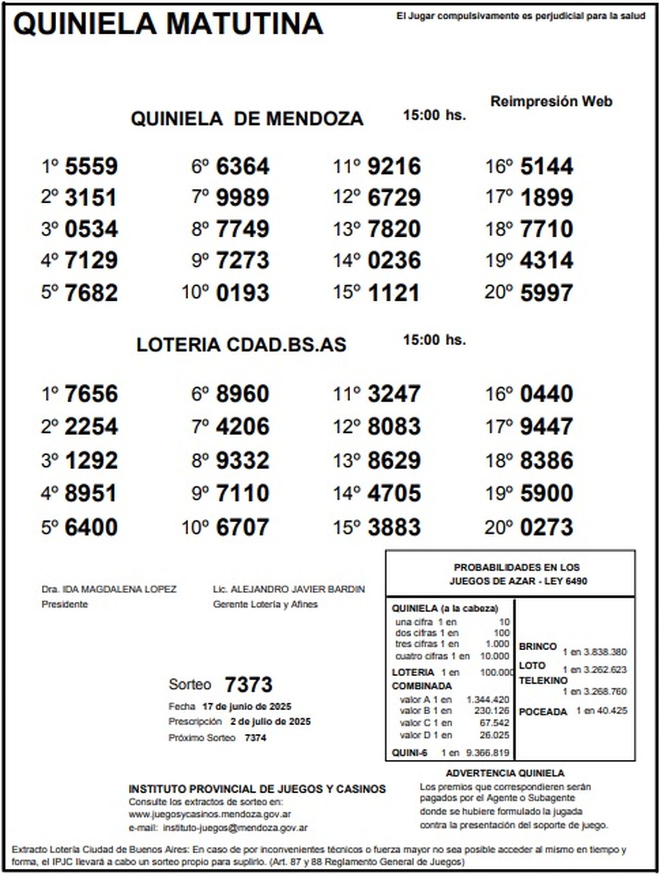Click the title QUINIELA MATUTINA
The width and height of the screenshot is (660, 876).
pyautogui.click(x=168, y=24)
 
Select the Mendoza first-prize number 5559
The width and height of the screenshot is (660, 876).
pyautogui.click(x=91, y=166)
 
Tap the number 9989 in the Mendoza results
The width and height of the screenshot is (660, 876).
pyautogui.click(x=243, y=198)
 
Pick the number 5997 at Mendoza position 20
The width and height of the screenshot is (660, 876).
pyautogui.click(x=547, y=293)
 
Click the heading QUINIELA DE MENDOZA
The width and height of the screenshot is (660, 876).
pyautogui.click(x=247, y=118)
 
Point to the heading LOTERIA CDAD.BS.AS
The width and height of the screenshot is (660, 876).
pyautogui.click(x=241, y=345)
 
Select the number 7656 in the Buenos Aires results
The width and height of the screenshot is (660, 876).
pyautogui.click(x=91, y=394)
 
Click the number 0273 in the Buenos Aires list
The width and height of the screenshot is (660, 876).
pyautogui.click(x=547, y=527)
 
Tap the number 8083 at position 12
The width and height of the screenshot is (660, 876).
pyautogui.click(x=394, y=427)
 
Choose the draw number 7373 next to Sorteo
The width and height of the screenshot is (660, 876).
pyautogui.click(x=249, y=685)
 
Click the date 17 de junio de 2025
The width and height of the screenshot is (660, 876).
pyautogui.click(x=247, y=706)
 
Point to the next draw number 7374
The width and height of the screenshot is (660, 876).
pyautogui.click(x=255, y=738)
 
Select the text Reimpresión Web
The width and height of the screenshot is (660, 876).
pyautogui.click(x=551, y=101)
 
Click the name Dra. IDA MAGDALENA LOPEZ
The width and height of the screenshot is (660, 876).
pyautogui.click(x=109, y=589)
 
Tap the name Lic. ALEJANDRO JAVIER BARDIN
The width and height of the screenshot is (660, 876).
pyautogui.click(x=289, y=589)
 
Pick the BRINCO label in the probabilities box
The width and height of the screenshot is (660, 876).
pyautogui.click(x=537, y=646)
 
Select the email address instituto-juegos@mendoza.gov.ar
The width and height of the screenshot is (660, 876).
pyautogui.click(x=235, y=828)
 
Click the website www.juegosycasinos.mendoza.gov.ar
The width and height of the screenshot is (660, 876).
pyautogui.click(x=210, y=814)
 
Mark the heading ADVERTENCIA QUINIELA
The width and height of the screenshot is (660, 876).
pyautogui.click(x=505, y=774)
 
